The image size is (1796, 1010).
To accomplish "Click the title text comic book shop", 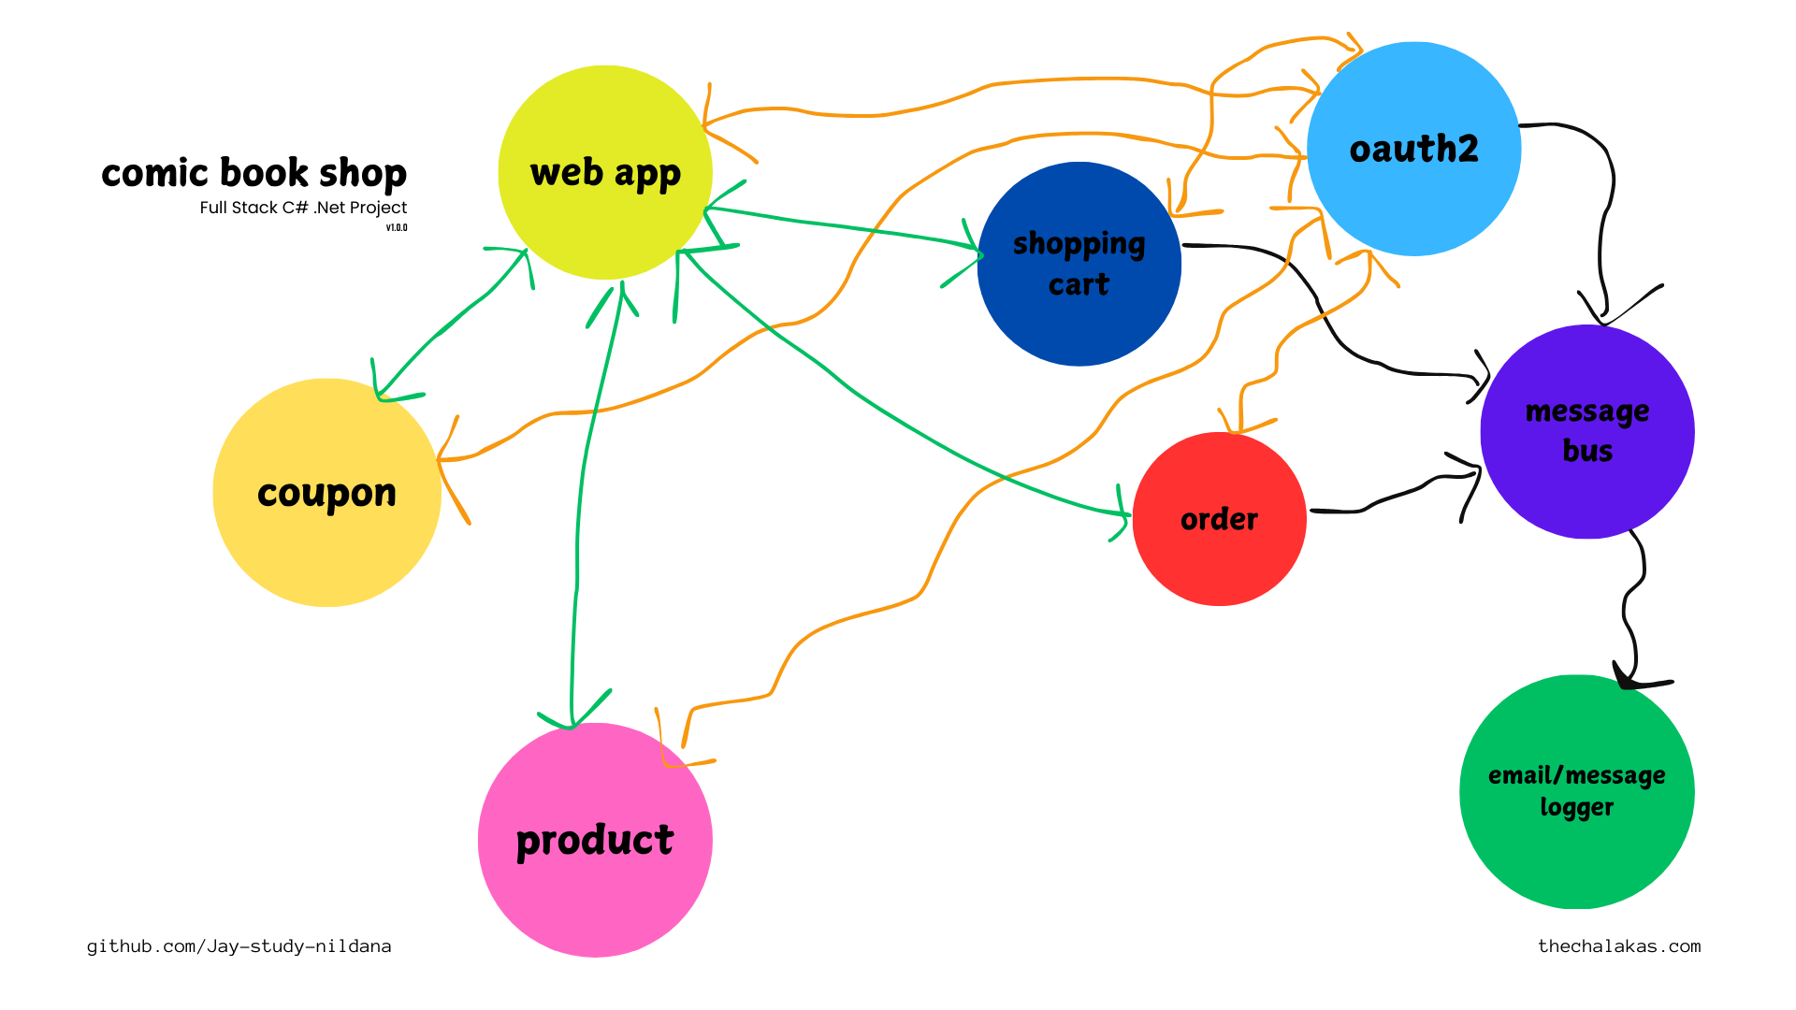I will pyautogui.click(x=253, y=173).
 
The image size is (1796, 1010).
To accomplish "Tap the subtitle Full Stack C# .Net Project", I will pyautogui.click(x=303, y=208).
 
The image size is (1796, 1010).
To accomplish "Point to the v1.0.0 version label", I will pyautogui.click(x=397, y=227).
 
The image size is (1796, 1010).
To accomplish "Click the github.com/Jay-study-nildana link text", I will pyautogui.click(x=239, y=946).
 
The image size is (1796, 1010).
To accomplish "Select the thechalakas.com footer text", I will pyautogui.click(x=1619, y=946).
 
